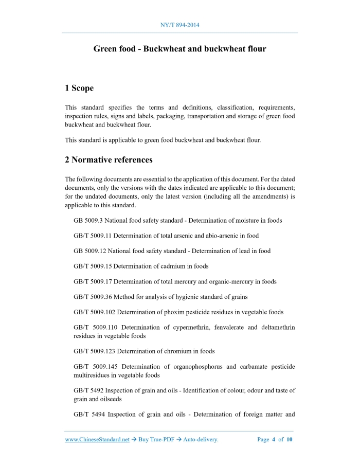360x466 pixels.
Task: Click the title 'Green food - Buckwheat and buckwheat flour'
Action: click(179, 49)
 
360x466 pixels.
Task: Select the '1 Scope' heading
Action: click(79, 88)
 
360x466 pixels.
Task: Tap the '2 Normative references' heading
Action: click(109, 160)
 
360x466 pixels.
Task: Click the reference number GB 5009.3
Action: click(88, 221)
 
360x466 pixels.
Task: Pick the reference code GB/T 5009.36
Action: click(93, 297)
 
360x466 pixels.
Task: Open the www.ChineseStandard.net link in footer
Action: click(97, 440)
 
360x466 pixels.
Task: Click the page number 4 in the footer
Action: click(274, 440)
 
